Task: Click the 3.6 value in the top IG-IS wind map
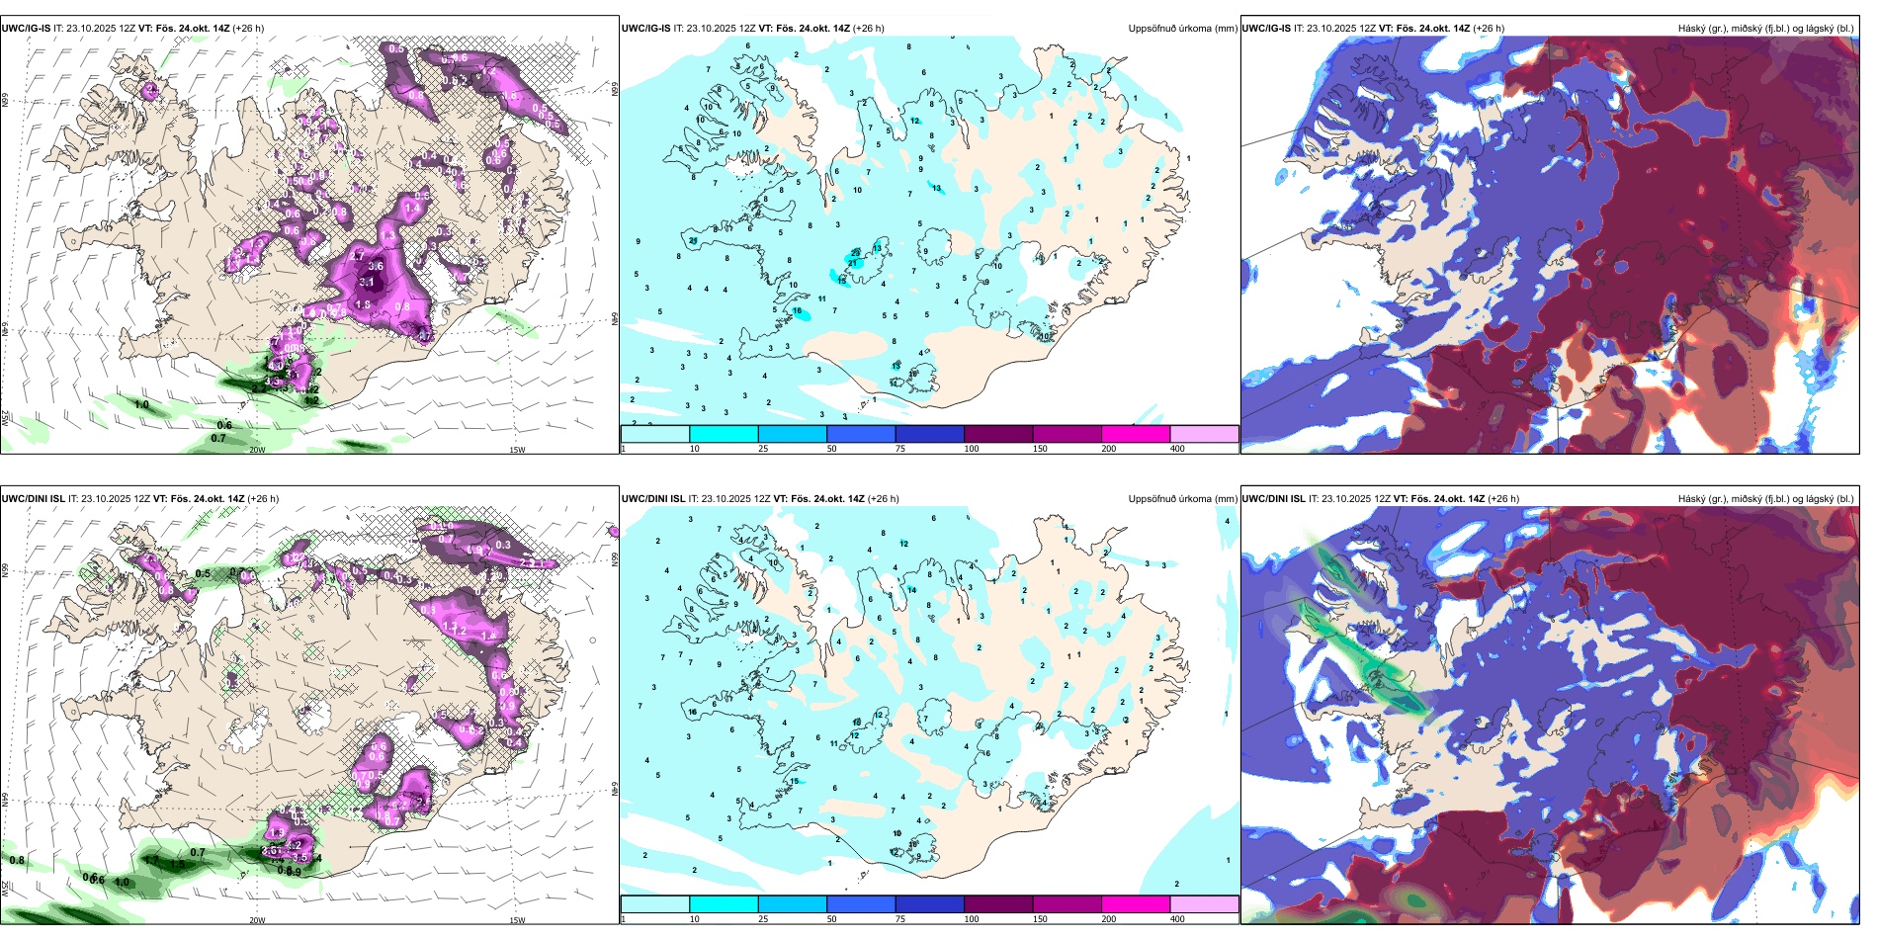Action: coord(376,266)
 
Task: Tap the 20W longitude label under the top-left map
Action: coord(257,450)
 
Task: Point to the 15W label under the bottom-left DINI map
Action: coord(516,920)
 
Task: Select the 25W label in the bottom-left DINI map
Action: coord(5,890)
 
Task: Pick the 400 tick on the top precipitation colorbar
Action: coord(1177,449)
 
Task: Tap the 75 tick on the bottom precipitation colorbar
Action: coord(900,919)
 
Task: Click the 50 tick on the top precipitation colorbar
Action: coord(831,449)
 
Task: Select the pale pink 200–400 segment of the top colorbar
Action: coord(1204,434)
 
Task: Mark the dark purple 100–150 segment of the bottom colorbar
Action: coord(998,904)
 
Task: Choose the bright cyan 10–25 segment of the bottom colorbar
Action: coord(724,904)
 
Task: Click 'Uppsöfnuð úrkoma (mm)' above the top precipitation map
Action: coord(1182,29)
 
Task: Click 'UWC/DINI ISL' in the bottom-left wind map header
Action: coord(33,499)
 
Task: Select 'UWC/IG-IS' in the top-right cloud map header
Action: coord(1266,29)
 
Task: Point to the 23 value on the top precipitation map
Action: coord(856,253)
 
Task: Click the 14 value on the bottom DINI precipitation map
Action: coord(912,590)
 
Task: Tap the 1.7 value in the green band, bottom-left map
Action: coord(150,861)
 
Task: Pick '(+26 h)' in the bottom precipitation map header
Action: coord(884,499)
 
